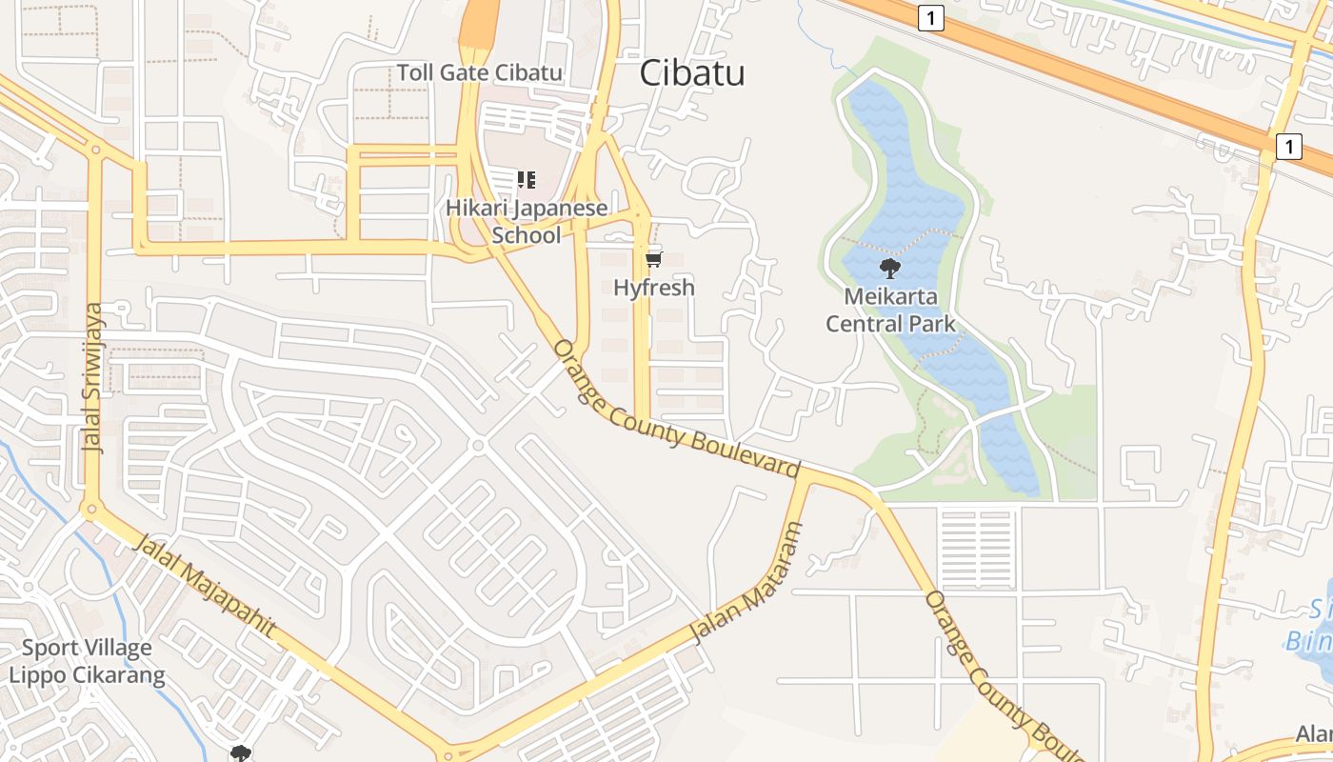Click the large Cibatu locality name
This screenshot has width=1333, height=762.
coord(692,72)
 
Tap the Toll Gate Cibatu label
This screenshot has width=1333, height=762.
coord(479,72)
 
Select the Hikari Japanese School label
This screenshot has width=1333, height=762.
coord(527,221)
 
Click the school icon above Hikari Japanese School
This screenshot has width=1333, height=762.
coord(527,179)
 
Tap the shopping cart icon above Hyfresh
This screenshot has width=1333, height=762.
coord(653,259)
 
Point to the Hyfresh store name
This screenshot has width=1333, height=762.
coord(653,288)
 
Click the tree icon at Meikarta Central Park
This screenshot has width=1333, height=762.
coord(890,268)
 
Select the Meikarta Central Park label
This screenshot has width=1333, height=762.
coord(890,310)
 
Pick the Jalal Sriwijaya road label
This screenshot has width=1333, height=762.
coord(93,378)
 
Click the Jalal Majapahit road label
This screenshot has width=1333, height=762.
coord(205,587)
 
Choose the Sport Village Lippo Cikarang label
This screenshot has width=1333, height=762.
coord(87,662)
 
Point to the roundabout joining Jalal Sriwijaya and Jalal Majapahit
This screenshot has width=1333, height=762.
coord(92,510)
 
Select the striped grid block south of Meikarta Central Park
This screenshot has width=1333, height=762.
coord(976,550)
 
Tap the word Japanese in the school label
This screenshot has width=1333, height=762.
coord(561,208)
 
